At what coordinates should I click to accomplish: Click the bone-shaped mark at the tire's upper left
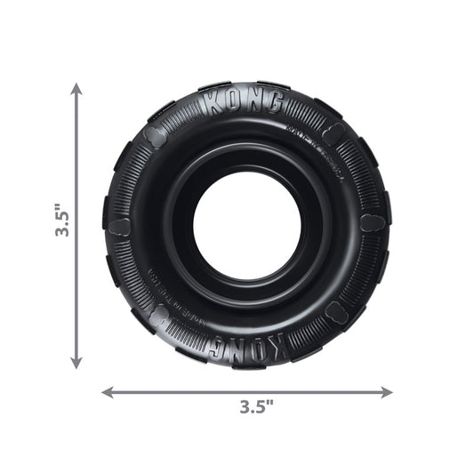[155, 135]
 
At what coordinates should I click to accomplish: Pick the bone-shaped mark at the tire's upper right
[333, 133]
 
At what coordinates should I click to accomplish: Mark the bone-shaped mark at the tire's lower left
[157, 313]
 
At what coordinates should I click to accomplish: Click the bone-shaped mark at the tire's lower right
[336, 311]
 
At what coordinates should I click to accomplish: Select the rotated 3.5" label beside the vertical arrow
[58, 222]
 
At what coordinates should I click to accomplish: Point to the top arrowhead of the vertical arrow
[76, 88]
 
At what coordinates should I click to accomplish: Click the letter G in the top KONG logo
[275, 105]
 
